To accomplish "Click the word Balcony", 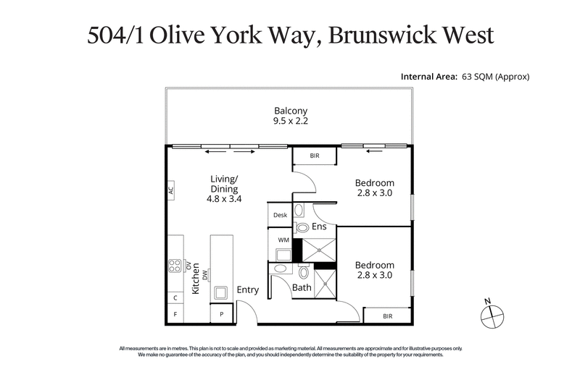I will [291, 111].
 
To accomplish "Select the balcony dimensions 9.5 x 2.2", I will [291, 122].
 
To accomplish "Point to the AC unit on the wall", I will [171, 192].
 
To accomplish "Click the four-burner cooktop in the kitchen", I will [175, 266].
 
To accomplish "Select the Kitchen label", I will [195, 279].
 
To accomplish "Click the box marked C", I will [175, 297].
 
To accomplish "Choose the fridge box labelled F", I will [175, 314].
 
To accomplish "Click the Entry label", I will [248, 290].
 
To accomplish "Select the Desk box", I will [280, 215].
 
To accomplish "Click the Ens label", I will [319, 227].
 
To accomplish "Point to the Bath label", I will [302, 288].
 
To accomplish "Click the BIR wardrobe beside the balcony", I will [315, 156].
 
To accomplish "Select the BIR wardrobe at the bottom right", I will [387, 316].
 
